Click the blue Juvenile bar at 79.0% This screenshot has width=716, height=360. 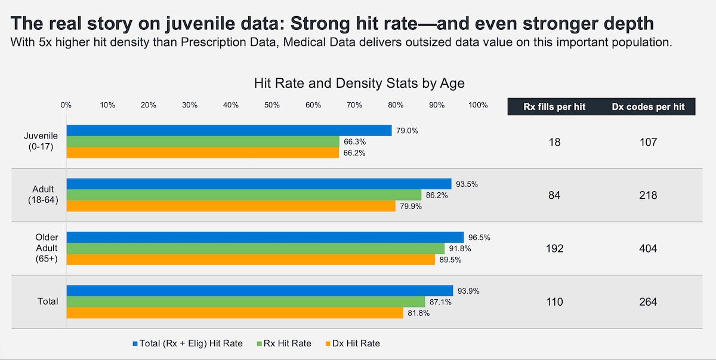pyautogui.click(x=229, y=130)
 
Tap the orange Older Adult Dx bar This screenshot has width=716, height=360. pyautogui.click(x=251, y=260)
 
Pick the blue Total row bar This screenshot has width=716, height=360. pyautogui.click(x=260, y=291)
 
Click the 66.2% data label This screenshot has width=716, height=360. pyautogui.click(x=353, y=153)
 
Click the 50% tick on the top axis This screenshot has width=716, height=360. pyautogui.click(x=272, y=105)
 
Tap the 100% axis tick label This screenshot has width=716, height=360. pyautogui.click(x=478, y=105)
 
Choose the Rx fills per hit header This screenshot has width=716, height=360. pyautogui.click(x=554, y=107)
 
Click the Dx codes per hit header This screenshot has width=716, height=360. pyautogui.click(x=647, y=107)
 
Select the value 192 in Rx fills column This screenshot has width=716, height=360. pyautogui.click(x=554, y=248)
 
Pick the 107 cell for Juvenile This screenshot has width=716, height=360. pyautogui.click(x=647, y=142)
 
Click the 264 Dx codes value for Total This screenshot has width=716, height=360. pyautogui.click(x=647, y=302)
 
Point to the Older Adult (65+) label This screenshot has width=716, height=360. pyautogui.click(x=47, y=248)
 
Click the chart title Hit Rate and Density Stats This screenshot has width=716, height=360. pyautogui.click(x=359, y=82)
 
